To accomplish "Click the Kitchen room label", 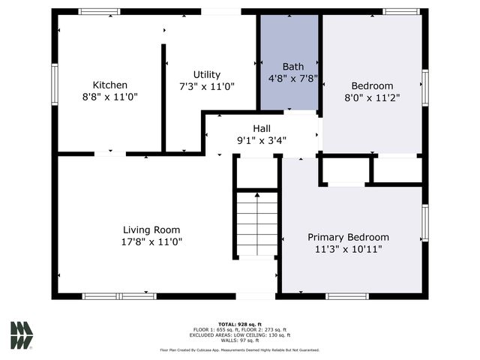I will click(109, 85).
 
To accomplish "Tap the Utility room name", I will click(206, 74).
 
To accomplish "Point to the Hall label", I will click(262, 128).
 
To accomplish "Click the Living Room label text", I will click(151, 229).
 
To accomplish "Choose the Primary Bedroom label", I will click(348, 237).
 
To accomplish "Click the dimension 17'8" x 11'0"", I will click(151, 241).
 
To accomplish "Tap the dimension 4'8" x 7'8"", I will click(289, 77).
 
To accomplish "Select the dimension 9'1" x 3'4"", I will click(262, 139).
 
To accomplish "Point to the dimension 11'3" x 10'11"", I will click(348, 249).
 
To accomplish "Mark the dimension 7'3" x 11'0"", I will click(206, 86).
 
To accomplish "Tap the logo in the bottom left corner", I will click(22, 335).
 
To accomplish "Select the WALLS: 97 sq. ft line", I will click(240, 340).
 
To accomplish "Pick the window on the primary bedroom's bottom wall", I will click(346, 296).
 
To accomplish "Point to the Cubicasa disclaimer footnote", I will click(240, 349).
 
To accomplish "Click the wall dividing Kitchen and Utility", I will click(163, 97).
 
